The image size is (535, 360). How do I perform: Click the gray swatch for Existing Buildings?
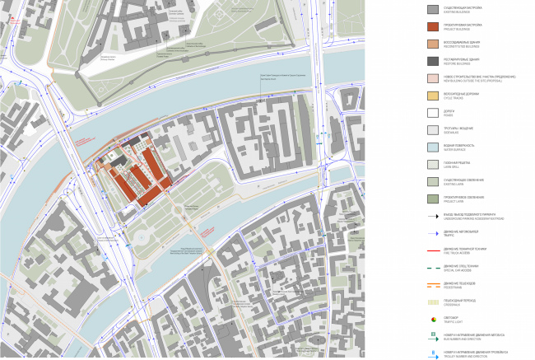pos(432,10)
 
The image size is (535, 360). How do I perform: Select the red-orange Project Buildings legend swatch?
pos(432,27)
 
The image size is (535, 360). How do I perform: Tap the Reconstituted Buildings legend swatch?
pos(432,44)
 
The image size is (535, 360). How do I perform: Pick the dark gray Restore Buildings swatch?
pos(432,62)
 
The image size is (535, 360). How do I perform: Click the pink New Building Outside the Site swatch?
pos(432,79)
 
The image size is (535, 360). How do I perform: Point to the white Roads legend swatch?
pos(432,114)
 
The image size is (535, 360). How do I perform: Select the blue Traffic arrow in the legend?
pos(432,234)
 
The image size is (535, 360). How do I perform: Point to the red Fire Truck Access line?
pos(432,251)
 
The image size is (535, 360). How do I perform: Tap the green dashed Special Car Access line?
pos(432,269)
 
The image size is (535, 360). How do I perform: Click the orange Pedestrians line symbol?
pos(432,286)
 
